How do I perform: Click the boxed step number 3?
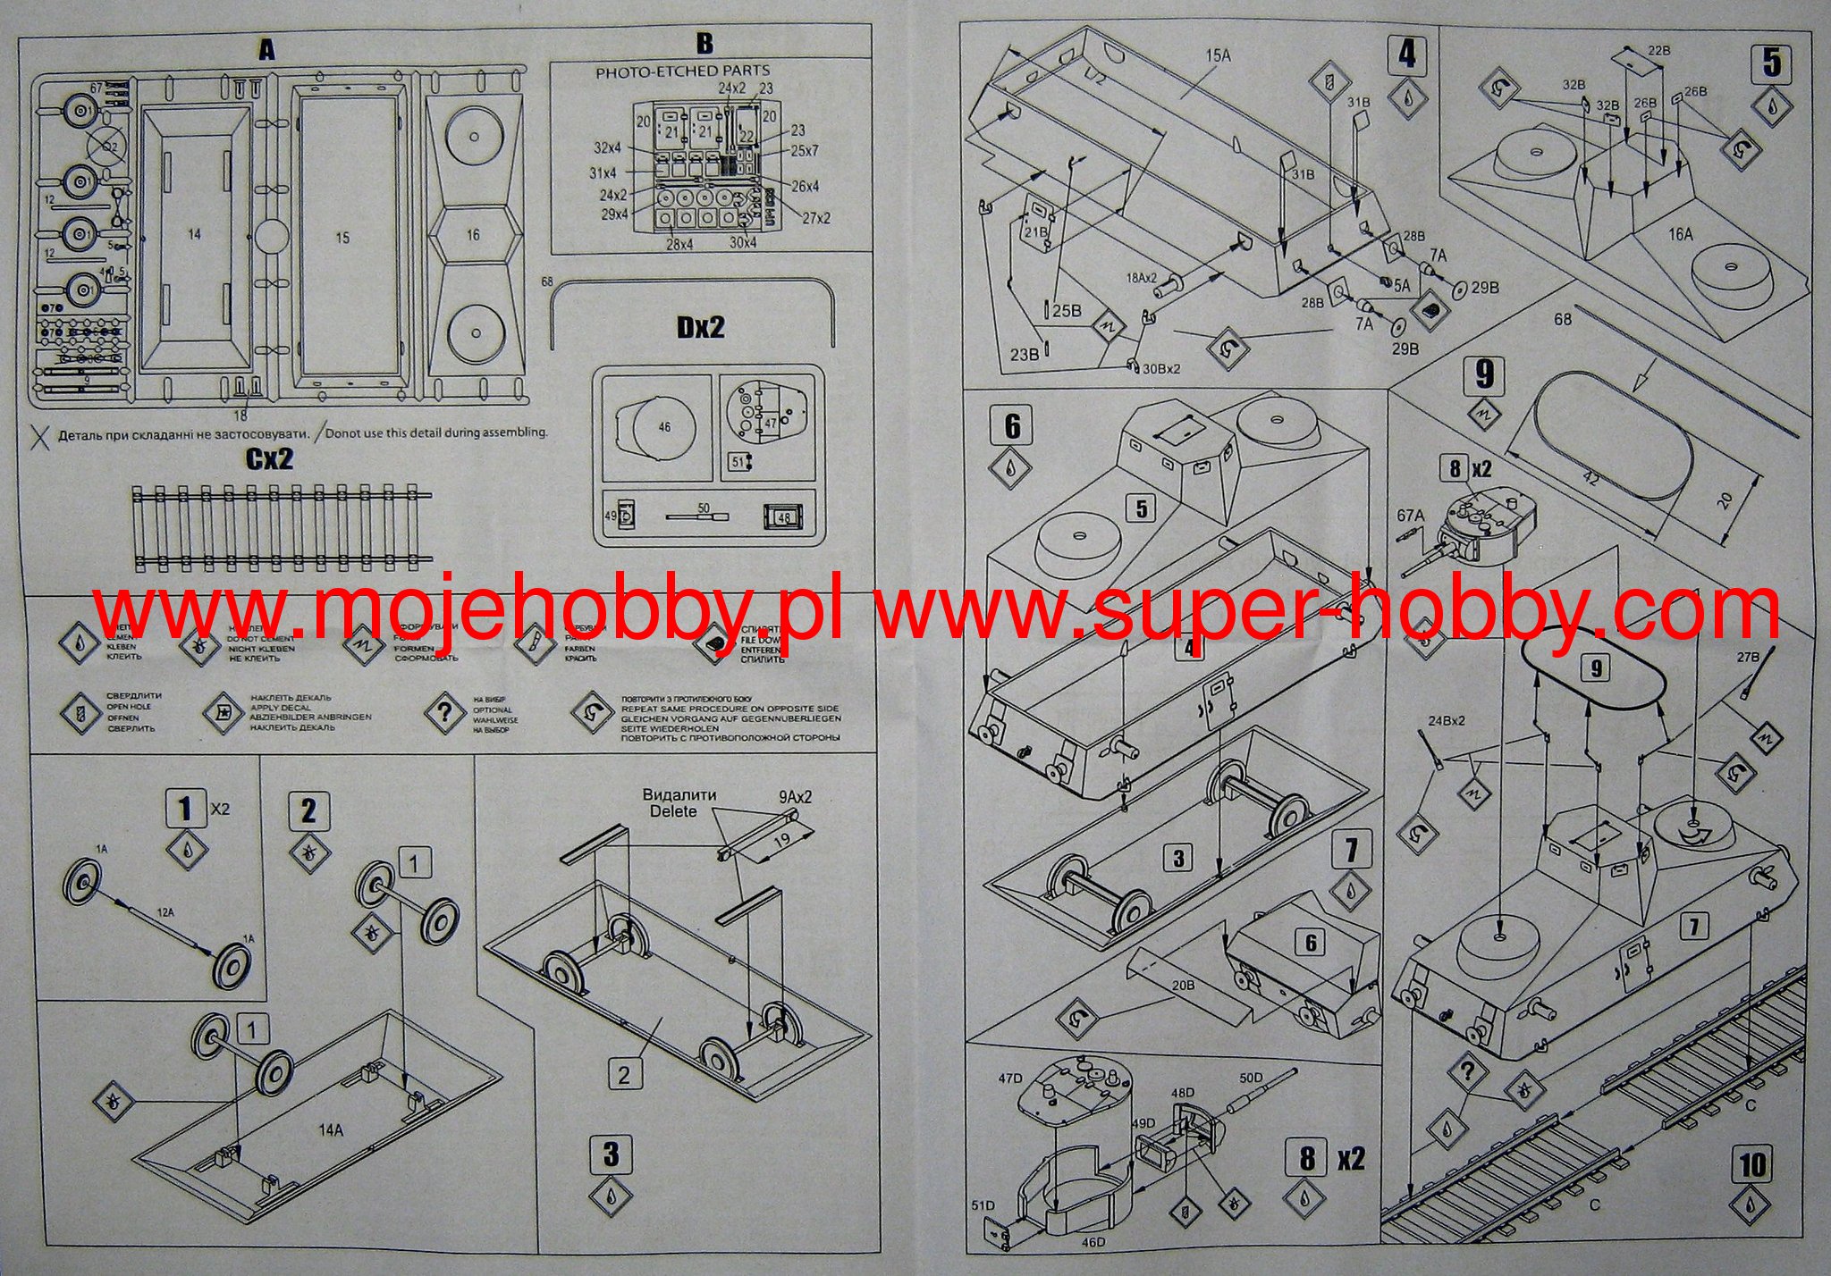(611, 1153)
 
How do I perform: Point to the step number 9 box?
(1484, 374)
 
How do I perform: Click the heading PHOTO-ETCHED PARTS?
(682, 71)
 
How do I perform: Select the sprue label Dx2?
(700, 327)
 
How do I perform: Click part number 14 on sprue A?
(194, 234)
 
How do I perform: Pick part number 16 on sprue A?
(473, 234)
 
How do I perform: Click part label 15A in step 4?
(1218, 55)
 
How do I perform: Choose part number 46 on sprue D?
(663, 427)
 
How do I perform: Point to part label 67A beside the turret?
(1409, 515)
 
